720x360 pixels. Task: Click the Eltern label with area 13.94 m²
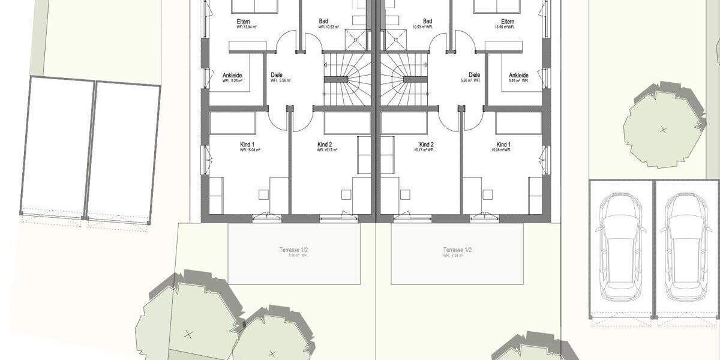(x=243, y=22)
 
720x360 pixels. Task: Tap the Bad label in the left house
(x=323, y=22)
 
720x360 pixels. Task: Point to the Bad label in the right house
(x=427, y=22)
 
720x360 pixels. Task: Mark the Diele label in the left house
(x=277, y=75)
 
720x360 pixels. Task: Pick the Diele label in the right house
(x=474, y=75)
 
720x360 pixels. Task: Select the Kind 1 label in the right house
(x=503, y=145)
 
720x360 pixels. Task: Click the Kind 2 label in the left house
(x=325, y=145)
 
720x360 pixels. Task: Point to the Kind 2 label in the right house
(x=426, y=145)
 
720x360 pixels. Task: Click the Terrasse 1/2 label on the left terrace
(x=295, y=250)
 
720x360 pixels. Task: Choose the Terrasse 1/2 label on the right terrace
(x=457, y=250)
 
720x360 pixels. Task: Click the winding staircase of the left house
(x=347, y=79)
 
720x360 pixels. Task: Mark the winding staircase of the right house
(x=404, y=79)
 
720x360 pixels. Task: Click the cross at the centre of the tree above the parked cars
(x=663, y=129)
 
